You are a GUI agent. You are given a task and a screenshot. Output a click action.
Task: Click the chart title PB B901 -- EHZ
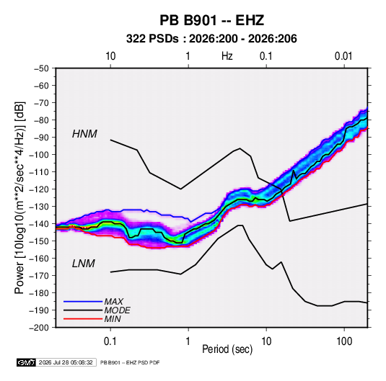[211, 20]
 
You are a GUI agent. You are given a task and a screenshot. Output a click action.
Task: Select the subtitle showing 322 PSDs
[211, 39]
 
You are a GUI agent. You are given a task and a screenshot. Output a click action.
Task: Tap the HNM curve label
[84, 134]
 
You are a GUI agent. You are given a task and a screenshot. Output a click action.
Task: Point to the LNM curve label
[84, 264]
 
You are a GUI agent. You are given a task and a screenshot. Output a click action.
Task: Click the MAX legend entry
[113, 301]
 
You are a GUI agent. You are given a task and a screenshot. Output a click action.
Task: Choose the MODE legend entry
[117, 310]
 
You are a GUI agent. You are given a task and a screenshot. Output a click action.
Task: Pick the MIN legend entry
[113, 319]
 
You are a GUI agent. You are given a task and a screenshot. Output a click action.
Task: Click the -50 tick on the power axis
[41, 68]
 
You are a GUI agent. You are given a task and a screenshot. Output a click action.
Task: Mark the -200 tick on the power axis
[39, 328]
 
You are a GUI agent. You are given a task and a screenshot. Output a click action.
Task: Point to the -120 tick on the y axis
[39, 189]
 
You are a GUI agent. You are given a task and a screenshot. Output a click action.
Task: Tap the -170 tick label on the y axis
[39, 276]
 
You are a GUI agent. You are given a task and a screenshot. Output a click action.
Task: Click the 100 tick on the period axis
[344, 341]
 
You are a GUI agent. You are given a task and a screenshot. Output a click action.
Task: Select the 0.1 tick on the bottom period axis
[110, 341]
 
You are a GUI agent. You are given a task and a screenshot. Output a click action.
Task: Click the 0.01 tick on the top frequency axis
[343, 56]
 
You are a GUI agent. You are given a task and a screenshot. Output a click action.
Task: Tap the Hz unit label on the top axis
[227, 56]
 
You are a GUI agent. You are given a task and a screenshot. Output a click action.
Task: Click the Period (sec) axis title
[227, 349]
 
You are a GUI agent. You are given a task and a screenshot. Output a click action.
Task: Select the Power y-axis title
[19, 198]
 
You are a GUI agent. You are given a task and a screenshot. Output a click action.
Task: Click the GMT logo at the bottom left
[27, 362]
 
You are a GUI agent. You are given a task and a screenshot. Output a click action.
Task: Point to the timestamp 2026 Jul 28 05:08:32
[66, 362]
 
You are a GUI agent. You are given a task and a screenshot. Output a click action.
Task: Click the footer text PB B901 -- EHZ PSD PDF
[130, 362]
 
